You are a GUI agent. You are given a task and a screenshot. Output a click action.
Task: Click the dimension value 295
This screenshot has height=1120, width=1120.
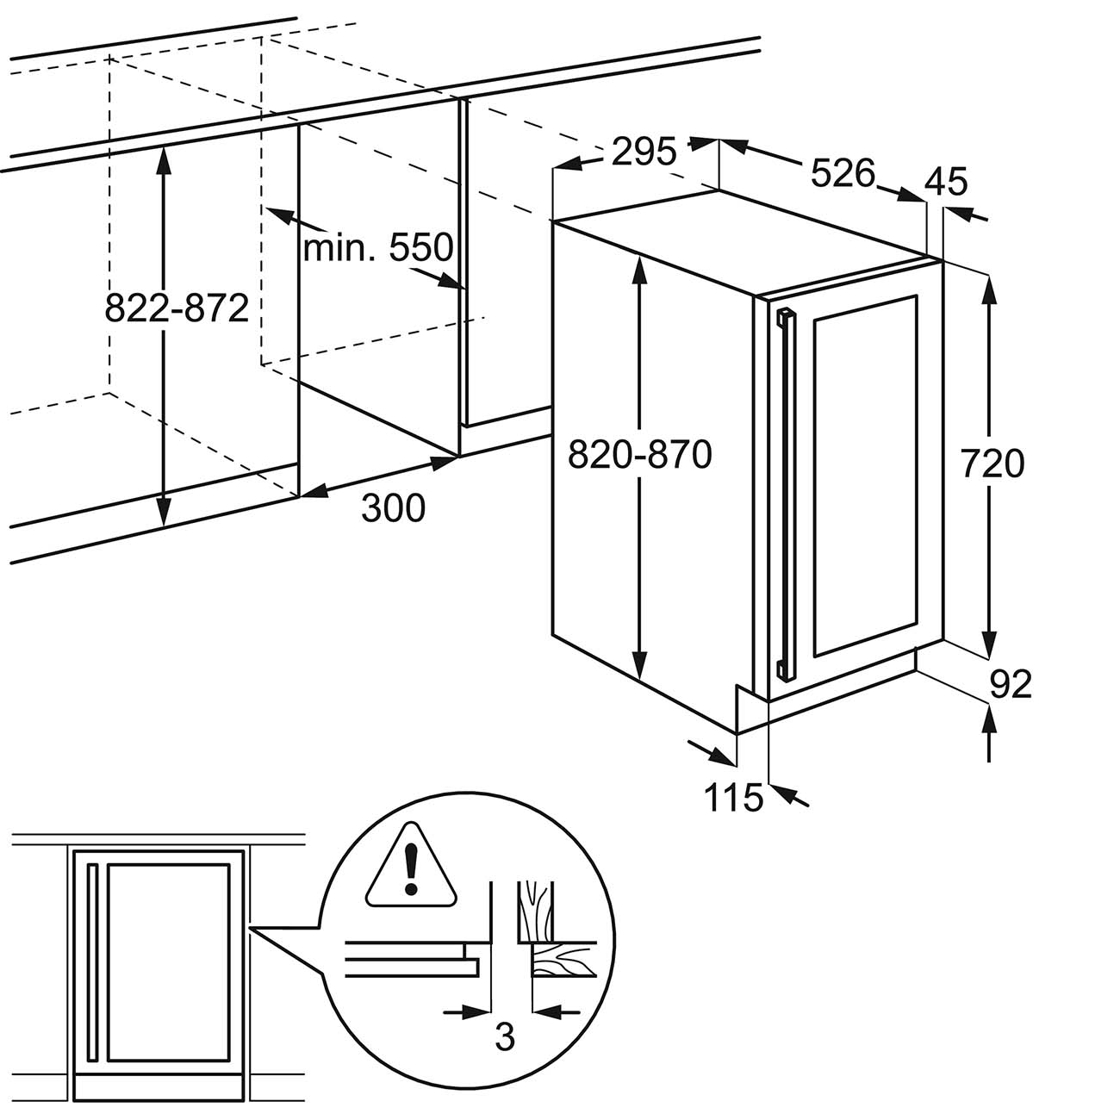point(644,152)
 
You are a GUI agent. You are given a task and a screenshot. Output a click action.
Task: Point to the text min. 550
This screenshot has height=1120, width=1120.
point(377,247)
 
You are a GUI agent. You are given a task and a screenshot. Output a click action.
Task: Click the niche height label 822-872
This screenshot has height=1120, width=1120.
point(177,308)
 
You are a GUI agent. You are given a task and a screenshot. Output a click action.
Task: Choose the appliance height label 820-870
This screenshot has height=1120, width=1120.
point(640,454)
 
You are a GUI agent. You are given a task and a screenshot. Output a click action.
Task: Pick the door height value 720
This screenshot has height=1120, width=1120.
point(992,464)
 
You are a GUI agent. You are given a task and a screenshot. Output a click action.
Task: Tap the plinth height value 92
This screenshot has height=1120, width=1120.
point(1011,684)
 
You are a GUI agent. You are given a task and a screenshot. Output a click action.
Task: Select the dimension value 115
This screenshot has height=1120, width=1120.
point(733,797)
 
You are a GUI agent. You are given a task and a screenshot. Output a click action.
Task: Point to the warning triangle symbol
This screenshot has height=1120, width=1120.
point(412,866)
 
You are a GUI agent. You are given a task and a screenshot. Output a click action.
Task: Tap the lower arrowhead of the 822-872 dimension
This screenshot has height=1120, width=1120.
point(165,507)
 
